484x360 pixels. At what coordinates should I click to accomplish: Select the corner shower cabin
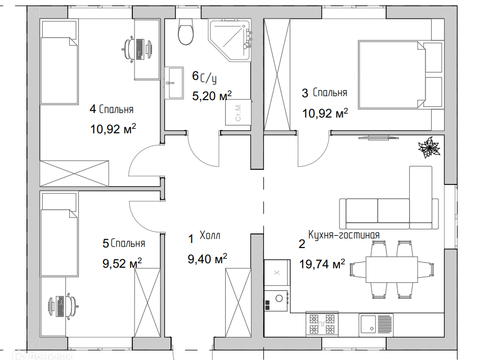(230, 40)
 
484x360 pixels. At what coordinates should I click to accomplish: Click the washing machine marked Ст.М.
(238, 112)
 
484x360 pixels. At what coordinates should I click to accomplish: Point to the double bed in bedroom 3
(401, 75)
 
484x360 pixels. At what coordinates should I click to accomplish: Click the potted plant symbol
(429, 147)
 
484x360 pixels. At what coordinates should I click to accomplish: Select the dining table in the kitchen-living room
(391, 269)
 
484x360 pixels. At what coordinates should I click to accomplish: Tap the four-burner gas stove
(322, 324)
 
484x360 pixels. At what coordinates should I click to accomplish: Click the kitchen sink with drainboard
(376, 325)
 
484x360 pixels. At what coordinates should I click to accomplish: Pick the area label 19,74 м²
(322, 264)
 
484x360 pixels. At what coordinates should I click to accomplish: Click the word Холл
(209, 235)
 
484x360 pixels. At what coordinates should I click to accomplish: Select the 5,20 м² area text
(212, 96)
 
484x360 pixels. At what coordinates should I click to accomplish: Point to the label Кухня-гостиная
(344, 235)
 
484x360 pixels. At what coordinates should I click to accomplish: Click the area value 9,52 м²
(122, 263)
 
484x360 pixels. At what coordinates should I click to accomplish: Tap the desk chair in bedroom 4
(129, 48)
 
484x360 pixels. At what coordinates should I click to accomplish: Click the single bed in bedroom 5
(59, 235)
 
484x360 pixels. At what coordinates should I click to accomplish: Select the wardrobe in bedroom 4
(74, 173)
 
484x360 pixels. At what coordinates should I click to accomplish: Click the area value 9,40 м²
(208, 259)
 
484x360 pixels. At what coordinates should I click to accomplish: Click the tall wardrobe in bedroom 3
(277, 74)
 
